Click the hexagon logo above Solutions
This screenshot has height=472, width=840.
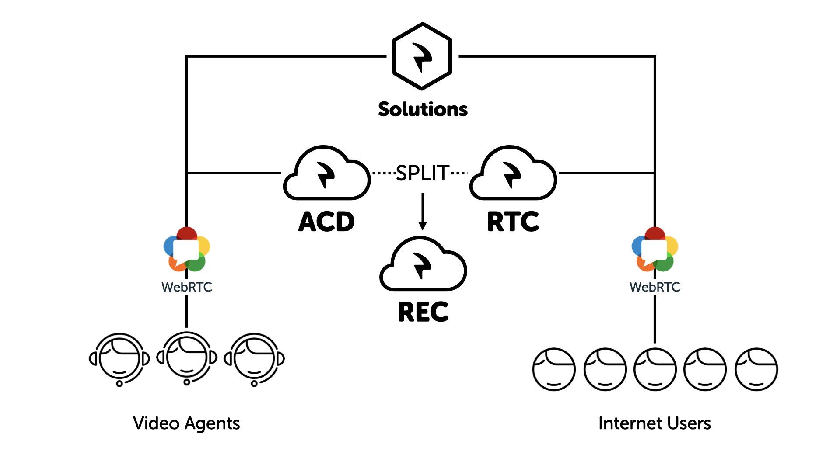(422, 56)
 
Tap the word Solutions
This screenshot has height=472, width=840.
(423, 109)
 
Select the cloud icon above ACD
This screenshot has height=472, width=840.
(326, 174)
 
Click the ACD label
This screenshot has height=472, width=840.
(326, 222)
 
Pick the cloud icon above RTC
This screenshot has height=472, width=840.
(513, 174)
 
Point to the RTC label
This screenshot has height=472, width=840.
(513, 222)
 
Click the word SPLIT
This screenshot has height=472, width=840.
(422, 173)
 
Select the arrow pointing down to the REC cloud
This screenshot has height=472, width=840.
(422, 212)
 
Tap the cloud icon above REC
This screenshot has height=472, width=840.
(423, 264)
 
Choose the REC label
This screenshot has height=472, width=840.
(423, 312)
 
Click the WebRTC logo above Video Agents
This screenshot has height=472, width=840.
(187, 249)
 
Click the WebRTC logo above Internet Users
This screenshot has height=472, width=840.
(654, 249)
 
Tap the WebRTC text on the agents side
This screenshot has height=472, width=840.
(187, 287)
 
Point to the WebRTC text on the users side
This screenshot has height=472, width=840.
(654, 287)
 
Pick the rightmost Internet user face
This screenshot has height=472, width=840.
(756, 369)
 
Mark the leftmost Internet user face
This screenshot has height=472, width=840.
(554, 369)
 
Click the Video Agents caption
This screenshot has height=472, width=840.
(186, 423)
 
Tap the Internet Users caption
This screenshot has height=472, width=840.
(654, 423)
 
